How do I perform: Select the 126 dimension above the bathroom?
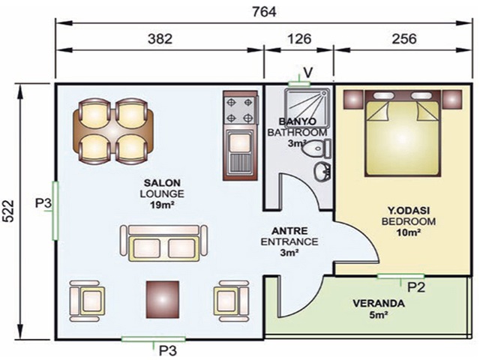pyautogui.click(x=298, y=39)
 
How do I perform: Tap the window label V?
pyautogui.click(x=307, y=72)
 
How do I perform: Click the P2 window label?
pyautogui.click(x=417, y=286)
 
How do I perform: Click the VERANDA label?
pyautogui.click(x=379, y=304)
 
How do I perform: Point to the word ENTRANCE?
pyautogui.click(x=289, y=242)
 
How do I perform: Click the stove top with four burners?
pyautogui.click(x=241, y=109)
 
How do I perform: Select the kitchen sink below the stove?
pyautogui.click(x=241, y=153)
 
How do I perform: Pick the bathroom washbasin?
pyautogui.click(x=322, y=171)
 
